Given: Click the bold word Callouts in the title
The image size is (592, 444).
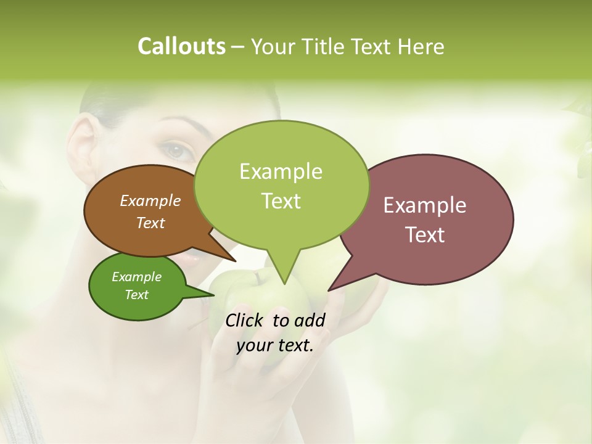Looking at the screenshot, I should (182, 46).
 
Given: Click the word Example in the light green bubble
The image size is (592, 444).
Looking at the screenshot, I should (281, 171).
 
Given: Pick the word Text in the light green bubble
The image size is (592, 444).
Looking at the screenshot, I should (281, 201).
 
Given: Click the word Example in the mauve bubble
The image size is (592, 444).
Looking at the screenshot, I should (425, 205).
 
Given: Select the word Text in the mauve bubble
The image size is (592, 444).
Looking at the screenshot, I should (425, 235).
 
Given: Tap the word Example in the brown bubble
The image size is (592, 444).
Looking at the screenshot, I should (150, 200).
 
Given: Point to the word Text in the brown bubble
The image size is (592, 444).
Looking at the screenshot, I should (150, 223).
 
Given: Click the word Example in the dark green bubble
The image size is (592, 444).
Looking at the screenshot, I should (136, 277).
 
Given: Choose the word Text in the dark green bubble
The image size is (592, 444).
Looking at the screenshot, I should (136, 295).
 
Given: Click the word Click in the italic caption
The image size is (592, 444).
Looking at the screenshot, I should (245, 320).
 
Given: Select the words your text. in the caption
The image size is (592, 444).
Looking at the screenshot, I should (275, 345).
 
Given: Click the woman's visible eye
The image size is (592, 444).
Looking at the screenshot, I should (177, 150).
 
